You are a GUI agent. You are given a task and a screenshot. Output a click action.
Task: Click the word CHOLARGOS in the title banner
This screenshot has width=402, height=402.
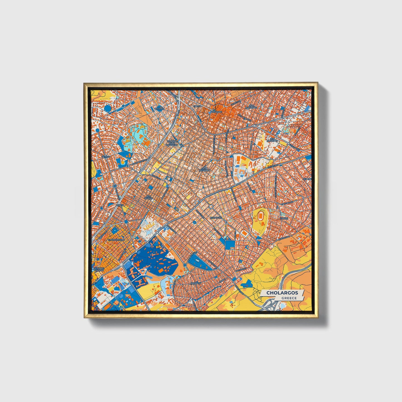point(282,293)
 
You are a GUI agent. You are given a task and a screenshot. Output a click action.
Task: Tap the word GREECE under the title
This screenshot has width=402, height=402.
point(289,298)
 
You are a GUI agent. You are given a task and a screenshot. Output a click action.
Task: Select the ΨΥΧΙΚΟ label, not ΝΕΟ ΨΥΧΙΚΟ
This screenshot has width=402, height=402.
point(105,157)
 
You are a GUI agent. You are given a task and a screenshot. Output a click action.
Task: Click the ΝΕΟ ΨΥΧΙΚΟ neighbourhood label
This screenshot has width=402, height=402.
point(149,198)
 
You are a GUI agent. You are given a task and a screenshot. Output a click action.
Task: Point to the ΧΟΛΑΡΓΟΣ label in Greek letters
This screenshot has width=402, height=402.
point(217,218)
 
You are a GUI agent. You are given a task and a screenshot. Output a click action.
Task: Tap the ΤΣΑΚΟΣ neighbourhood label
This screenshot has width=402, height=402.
point(284,218)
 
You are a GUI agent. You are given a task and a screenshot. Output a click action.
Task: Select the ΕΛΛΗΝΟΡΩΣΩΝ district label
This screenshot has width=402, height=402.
point(117,239)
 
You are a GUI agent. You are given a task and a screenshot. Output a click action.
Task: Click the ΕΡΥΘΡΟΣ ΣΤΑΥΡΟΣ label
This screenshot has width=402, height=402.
point(98,269)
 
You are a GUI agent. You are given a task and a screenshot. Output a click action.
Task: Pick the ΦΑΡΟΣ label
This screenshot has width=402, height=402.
point(120,204)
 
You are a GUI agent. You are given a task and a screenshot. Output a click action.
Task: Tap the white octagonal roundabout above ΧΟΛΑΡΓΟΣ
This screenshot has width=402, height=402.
point(211,206)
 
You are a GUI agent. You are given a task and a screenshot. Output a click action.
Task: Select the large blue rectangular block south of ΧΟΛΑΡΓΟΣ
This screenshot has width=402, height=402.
point(230,245)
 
